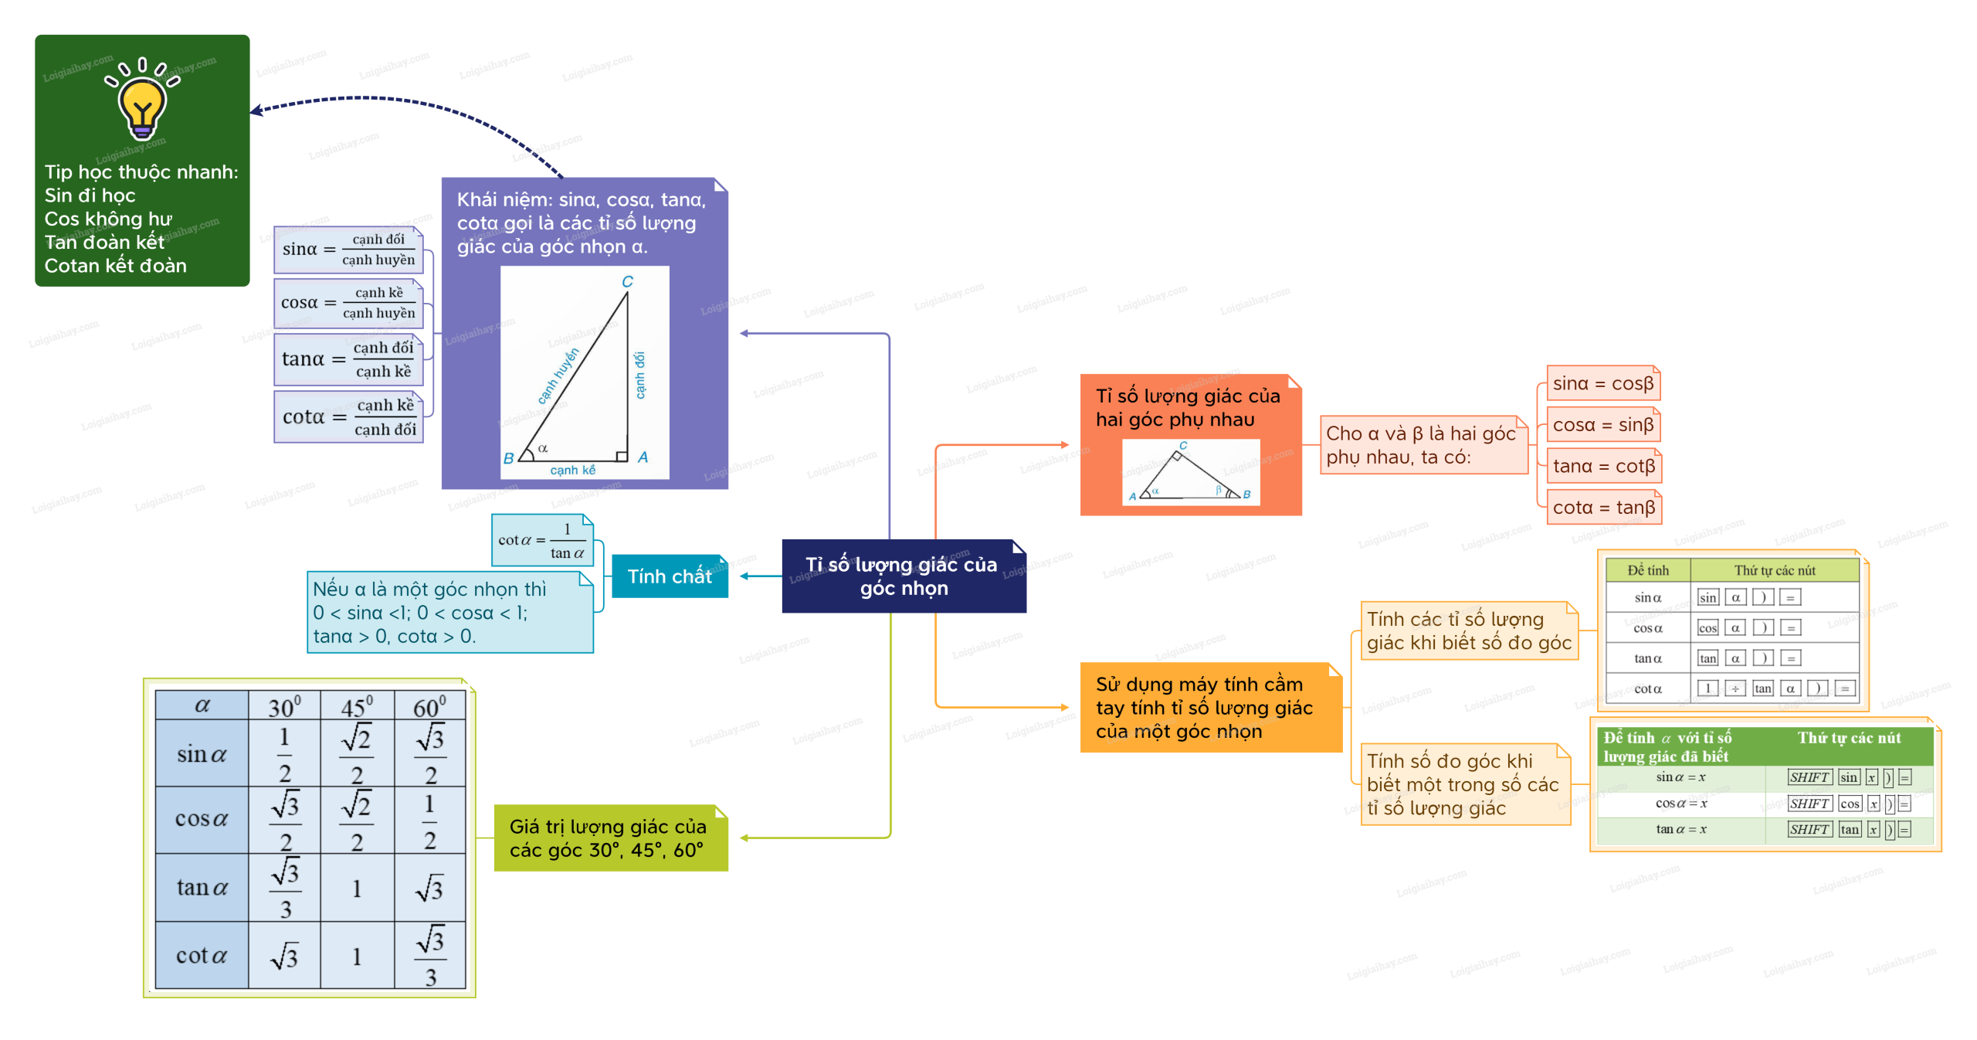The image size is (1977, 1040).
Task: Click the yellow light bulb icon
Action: pyautogui.click(x=142, y=105)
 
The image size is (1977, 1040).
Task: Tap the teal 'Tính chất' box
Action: pyautogui.click(x=669, y=576)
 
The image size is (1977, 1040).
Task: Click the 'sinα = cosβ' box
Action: pyautogui.click(x=1602, y=384)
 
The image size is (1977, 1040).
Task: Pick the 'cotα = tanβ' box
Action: pyautogui.click(x=1603, y=508)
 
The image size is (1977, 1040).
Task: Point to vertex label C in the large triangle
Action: pyautogui.click(x=627, y=282)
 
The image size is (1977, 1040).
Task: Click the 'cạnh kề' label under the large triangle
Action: pyautogui.click(x=572, y=470)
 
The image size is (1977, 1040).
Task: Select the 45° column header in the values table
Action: pyautogui.click(x=357, y=706)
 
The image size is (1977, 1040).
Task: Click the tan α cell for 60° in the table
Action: pyautogui.click(x=429, y=889)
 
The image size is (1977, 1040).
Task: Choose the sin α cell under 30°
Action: pyautogui.click(x=284, y=754)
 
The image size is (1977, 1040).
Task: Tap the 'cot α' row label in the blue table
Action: pyautogui.click(x=201, y=956)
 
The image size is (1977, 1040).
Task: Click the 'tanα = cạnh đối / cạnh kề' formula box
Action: pyautogui.click(x=348, y=359)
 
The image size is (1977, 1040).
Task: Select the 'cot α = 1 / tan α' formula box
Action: pyautogui.click(x=541, y=541)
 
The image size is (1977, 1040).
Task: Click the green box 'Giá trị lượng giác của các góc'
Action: pyautogui.click(x=609, y=838)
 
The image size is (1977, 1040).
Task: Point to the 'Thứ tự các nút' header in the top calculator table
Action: pyautogui.click(x=1774, y=570)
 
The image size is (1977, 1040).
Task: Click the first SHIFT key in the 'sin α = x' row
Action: pyautogui.click(x=1809, y=777)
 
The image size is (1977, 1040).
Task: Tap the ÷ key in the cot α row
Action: pyautogui.click(x=1735, y=688)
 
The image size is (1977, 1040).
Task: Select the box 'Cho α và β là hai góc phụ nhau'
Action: pyautogui.click(x=1423, y=445)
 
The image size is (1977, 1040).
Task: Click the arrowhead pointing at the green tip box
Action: pyautogui.click(x=256, y=111)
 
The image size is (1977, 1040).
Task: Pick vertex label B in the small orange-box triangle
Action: pyautogui.click(x=1246, y=495)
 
